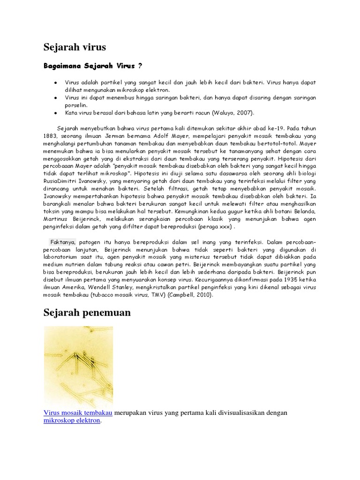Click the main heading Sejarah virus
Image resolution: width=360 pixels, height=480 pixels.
75,47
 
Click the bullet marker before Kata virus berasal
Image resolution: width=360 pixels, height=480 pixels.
56,113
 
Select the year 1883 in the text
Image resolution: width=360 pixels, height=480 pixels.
51,136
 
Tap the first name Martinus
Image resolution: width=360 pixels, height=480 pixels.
58,219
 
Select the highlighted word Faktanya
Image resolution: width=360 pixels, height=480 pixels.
63,242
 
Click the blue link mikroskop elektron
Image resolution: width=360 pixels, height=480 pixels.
72,420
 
